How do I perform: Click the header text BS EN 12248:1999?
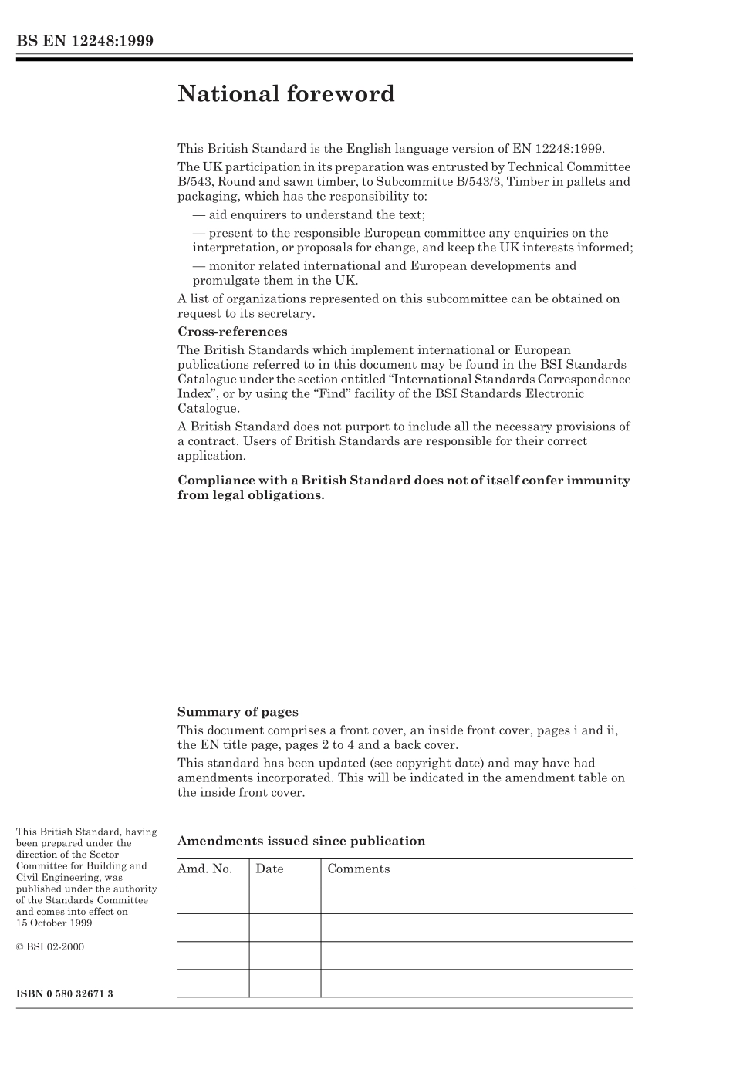[x=85, y=41]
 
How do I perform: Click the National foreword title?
[x=285, y=94]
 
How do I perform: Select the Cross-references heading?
[x=232, y=332]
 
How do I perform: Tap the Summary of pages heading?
[x=238, y=712]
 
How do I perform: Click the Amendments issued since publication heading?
[x=301, y=841]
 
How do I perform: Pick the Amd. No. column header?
[x=205, y=869]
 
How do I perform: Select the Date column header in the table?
[x=269, y=869]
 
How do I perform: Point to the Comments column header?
[x=358, y=869]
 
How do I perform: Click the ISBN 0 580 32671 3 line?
[x=65, y=993]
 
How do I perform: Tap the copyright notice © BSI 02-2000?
[x=50, y=946]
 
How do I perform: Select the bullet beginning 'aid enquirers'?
[x=309, y=215]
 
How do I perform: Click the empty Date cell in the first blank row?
[x=285, y=899]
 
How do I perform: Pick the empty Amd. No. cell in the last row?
[x=213, y=983]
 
